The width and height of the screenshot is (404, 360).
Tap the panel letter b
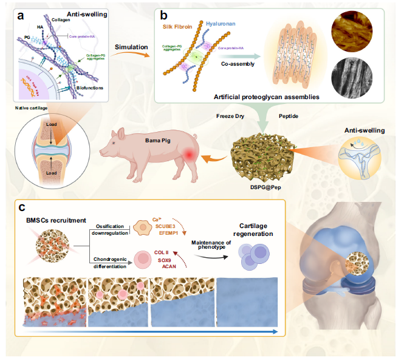162,15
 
